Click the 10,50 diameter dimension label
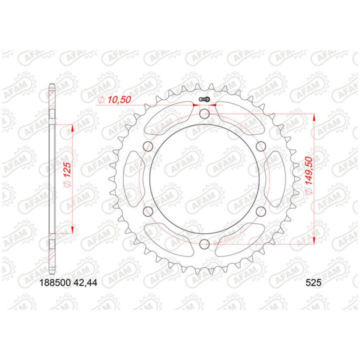[114, 100]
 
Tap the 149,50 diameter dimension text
[309, 175]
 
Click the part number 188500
[55, 282]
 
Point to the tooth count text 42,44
[85, 282]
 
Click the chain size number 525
[313, 282]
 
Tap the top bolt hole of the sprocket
[204, 114]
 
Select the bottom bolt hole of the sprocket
[204, 244]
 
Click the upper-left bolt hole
[148, 146]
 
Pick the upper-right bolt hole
[260, 146]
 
